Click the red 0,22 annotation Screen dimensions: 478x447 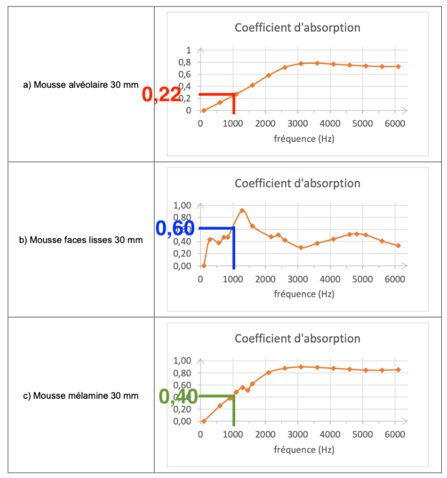[161, 94]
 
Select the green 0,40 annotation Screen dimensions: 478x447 [178, 397]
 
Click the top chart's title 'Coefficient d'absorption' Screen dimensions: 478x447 [297, 28]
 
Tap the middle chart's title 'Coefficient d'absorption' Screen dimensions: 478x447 [297, 183]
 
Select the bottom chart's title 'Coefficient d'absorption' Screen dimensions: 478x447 [297, 338]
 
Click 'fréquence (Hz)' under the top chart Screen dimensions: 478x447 [304, 139]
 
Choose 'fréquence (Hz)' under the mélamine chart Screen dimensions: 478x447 [304, 450]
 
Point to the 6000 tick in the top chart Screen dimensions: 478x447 [395, 124]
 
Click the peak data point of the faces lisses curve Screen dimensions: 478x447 [242, 211]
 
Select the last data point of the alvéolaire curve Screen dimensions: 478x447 [398, 66]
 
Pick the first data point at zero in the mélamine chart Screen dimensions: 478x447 [203, 421]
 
